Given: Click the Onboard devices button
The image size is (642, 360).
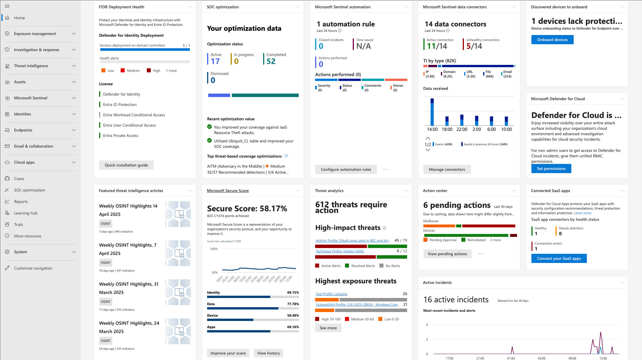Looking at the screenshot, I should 552,40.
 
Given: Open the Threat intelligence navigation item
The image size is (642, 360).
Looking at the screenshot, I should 31,66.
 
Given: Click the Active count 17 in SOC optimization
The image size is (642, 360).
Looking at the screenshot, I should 215,61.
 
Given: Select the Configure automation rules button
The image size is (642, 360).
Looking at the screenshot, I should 346,169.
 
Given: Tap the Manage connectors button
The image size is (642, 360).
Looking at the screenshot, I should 447,169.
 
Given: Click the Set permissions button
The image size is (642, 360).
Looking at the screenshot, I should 551,169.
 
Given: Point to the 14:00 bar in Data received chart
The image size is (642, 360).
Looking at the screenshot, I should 432,112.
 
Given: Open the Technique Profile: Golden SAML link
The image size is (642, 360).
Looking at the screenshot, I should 340,251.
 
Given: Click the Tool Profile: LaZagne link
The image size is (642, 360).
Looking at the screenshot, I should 331,294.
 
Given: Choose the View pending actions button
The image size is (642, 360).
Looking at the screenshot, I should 447,254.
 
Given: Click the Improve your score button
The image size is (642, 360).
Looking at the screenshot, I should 228,353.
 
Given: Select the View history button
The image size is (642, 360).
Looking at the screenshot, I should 268,353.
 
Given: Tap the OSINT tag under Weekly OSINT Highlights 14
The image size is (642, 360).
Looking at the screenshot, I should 105,224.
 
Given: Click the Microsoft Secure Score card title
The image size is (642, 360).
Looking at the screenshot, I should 228,191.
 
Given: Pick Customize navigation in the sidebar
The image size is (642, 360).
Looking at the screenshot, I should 33,268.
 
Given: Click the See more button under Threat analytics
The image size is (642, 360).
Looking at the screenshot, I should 328,328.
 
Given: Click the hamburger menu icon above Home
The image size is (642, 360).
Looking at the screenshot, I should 7,6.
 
